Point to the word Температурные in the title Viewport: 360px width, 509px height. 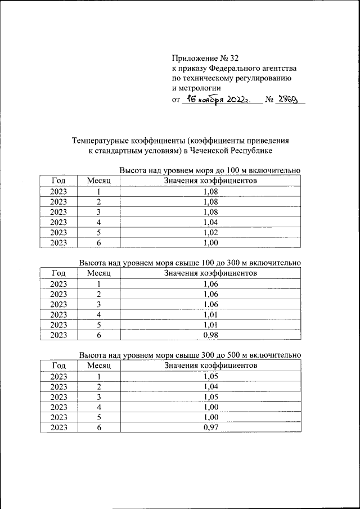(x=98, y=141)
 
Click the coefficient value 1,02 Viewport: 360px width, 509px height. (x=210, y=232)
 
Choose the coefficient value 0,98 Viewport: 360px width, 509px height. (x=210, y=335)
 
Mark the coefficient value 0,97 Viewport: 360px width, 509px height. (x=210, y=427)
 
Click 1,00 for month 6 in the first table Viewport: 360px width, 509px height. (x=210, y=243)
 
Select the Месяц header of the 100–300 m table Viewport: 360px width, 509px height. (x=99, y=273)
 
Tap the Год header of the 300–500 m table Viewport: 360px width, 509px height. (x=58, y=366)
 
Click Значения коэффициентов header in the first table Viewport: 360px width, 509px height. (x=210, y=181)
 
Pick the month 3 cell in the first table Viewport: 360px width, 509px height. (x=99, y=212)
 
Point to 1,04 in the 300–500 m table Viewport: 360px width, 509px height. (x=210, y=386)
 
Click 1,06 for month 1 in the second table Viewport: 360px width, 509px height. (x=210, y=284)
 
